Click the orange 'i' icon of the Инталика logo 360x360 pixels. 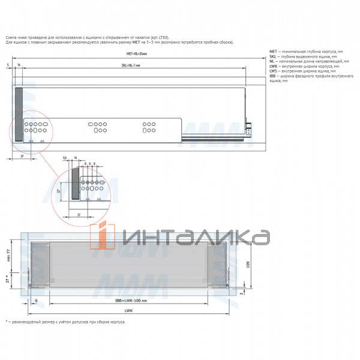point(102,236)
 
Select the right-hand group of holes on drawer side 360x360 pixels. point(148,127)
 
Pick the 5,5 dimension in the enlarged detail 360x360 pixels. point(64,157)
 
